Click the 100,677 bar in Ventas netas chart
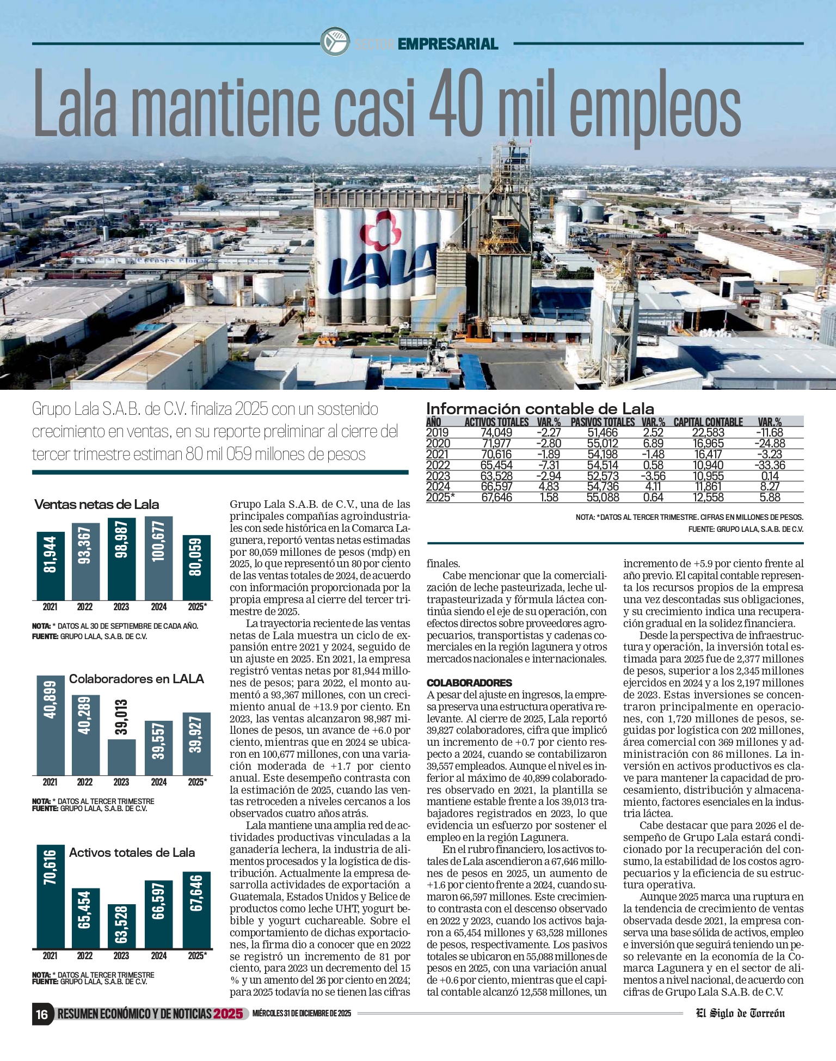click(158, 557)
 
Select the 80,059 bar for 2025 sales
click(196, 567)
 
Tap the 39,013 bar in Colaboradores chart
click(121, 756)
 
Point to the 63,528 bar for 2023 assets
click(121, 926)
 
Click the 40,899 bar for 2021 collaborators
click(50, 725)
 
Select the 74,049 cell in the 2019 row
click(496, 433)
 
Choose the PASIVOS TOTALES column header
click(603, 422)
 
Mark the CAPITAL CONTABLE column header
click(708, 422)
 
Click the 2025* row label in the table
click(440, 497)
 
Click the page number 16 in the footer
click(42, 1014)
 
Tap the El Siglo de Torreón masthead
click(740, 1013)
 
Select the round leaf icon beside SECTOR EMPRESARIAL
click(334, 42)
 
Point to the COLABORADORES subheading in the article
click(469, 683)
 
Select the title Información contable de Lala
click(540, 408)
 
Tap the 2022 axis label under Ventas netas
click(85, 607)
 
